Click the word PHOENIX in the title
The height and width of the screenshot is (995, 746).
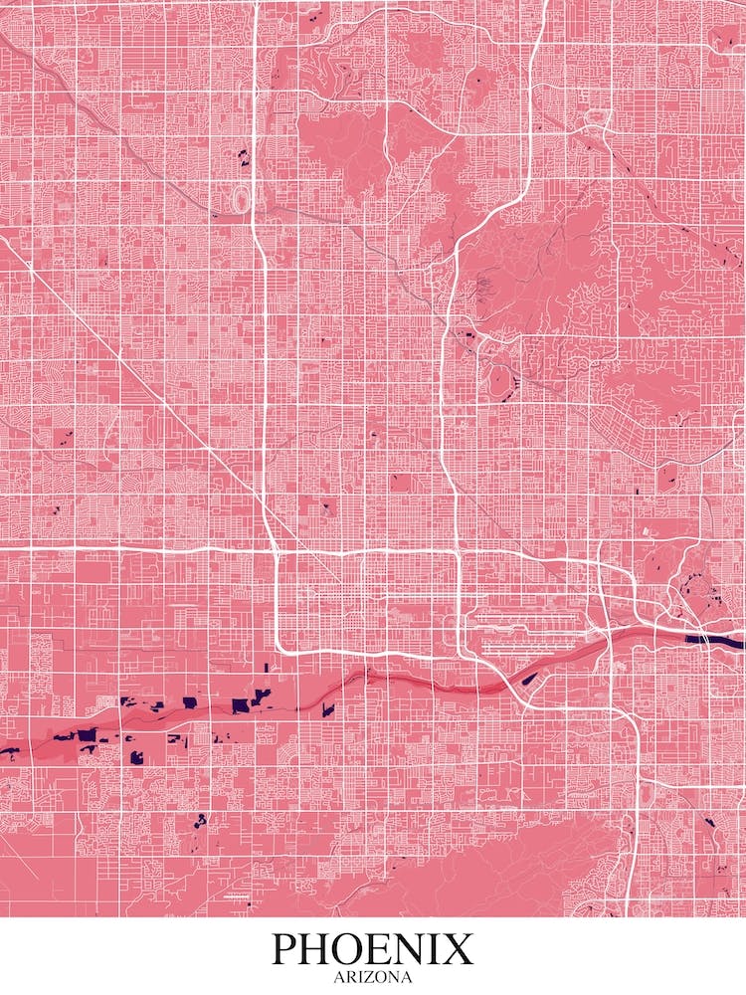click(373, 949)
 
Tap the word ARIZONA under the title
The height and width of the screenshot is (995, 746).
click(373, 977)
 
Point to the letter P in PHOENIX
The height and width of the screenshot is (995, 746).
click(286, 949)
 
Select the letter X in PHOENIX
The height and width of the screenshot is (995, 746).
click(459, 949)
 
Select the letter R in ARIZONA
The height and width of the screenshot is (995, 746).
click(347, 977)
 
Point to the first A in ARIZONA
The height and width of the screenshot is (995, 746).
click(337, 977)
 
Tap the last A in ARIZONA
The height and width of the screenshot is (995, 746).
click(408, 977)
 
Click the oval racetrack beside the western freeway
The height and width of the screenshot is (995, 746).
click(240, 199)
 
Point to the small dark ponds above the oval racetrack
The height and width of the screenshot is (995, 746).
click(243, 155)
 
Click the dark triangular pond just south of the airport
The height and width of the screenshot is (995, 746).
click(530, 680)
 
